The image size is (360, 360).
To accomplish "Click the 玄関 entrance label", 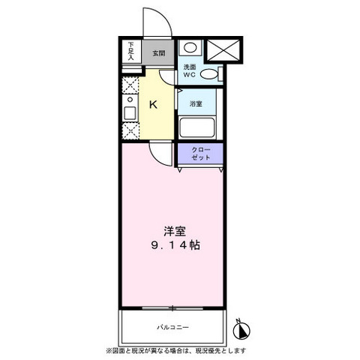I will click(158, 53).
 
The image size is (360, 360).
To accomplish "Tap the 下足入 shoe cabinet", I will click(130, 51).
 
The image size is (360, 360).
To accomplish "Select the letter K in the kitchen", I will click(152, 105).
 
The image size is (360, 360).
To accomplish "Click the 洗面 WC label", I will click(191, 71).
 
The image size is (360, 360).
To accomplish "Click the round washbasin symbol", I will click(191, 48).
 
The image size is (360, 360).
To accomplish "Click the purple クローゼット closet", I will click(200, 154).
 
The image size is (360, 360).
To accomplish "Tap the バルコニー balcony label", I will click(173, 327).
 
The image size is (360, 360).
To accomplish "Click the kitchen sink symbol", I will click(128, 112).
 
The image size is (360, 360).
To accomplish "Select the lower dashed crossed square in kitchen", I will click(128, 132).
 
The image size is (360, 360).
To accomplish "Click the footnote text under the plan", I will click(180, 350).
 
